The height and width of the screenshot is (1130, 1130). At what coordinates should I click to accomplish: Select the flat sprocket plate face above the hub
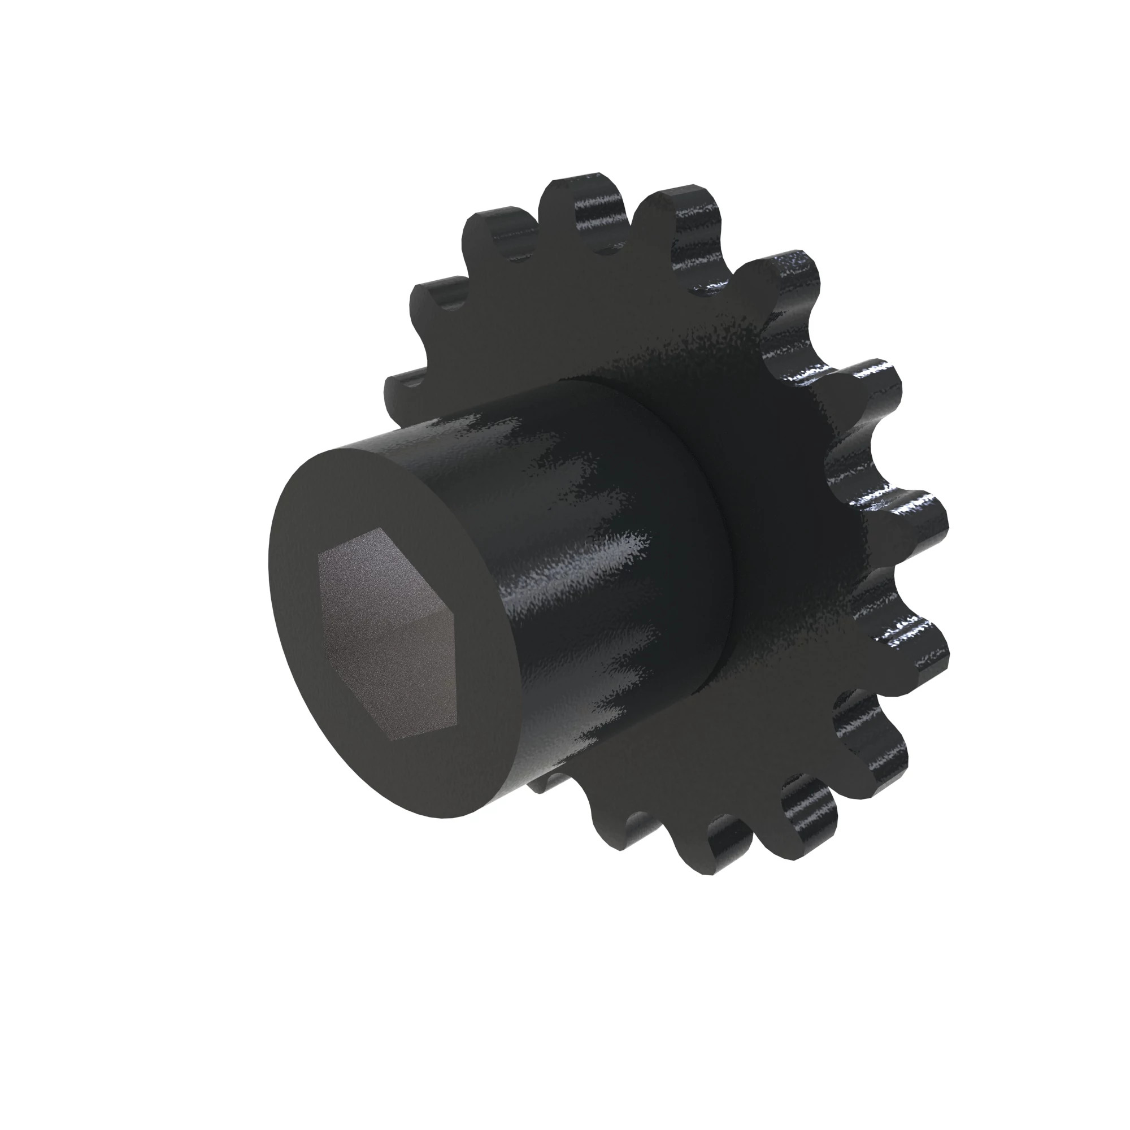click(585, 328)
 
